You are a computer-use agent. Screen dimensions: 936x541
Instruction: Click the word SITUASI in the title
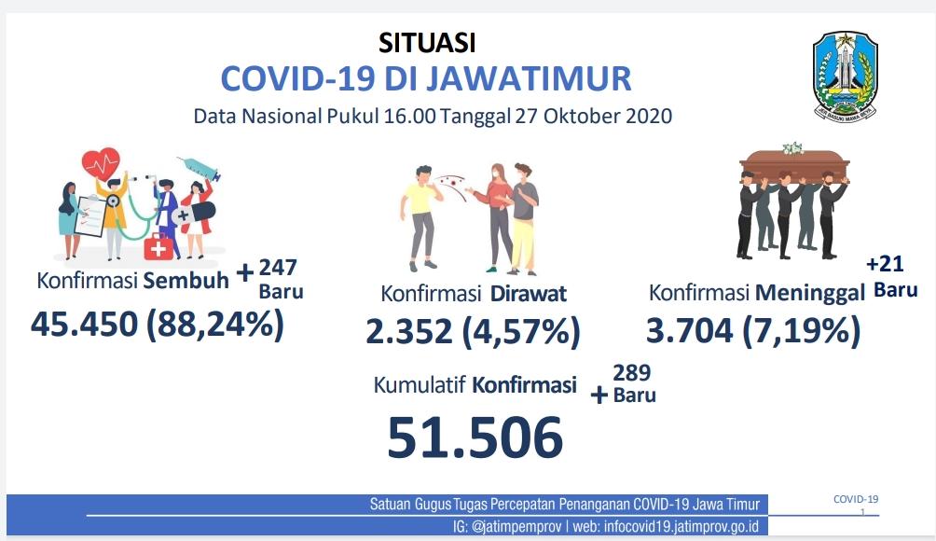427,42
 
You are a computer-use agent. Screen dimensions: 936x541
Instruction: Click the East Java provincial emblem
845,76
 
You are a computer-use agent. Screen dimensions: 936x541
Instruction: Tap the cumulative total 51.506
475,437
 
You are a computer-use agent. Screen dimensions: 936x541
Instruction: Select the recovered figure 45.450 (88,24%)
157,325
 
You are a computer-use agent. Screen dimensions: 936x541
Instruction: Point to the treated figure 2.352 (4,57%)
473,331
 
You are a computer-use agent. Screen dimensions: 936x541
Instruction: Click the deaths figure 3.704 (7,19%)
753,330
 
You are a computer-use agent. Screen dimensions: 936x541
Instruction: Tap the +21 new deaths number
885,263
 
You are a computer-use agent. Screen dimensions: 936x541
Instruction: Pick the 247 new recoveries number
278,267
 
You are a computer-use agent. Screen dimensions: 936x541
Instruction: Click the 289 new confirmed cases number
631,372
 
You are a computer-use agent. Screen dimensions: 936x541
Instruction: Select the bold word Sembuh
186,280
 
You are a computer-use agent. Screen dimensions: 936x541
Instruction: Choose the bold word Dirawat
529,293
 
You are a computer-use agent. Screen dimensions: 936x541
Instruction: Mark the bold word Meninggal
810,293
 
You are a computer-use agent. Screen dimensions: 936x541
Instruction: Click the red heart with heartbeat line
101,163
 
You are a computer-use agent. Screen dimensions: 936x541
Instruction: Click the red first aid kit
158,246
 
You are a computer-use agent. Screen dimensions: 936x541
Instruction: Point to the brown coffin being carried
794,163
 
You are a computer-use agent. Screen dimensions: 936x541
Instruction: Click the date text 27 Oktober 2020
594,116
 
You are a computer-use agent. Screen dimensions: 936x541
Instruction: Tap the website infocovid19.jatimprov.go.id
681,527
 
